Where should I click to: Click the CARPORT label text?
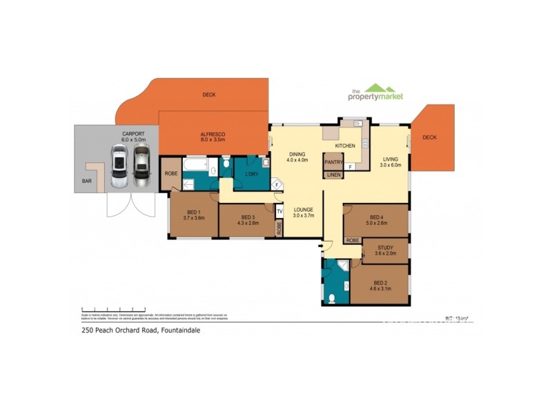point(133,133)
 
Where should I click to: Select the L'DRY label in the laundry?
point(251,174)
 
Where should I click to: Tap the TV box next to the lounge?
point(279,211)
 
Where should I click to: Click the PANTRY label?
point(334,163)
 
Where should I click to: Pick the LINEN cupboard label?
point(334,175)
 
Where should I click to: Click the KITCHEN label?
point(345,146)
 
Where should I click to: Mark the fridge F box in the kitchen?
point(350,166)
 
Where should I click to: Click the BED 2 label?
point(381,282)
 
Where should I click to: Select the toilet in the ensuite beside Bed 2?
point(333,298)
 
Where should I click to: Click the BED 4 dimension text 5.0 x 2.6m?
point(377,223)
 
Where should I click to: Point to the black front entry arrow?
point(321,245)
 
